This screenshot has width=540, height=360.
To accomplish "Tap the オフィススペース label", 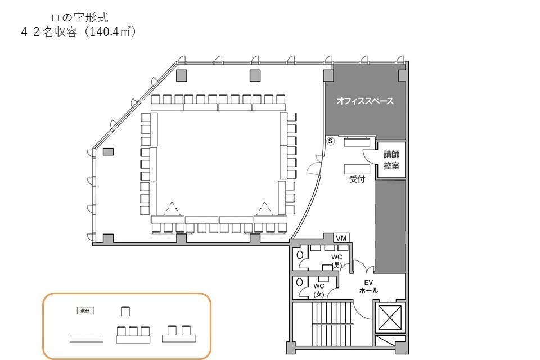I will point(364,102).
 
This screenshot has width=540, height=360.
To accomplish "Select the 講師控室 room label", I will point(391,160).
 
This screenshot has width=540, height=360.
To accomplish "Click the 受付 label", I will point(357,179).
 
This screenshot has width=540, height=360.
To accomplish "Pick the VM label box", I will point(341,238).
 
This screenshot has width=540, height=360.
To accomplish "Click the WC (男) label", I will point(337,260).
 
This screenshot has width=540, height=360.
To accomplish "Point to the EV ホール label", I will point(369,286).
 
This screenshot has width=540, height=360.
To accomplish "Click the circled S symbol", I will point(331,141).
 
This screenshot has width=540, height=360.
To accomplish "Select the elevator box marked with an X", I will point(389,318).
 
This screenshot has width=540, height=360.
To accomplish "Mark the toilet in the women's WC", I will point(300,282).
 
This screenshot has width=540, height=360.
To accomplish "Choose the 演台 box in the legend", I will point(84,310).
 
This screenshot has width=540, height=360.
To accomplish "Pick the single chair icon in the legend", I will point(125,310).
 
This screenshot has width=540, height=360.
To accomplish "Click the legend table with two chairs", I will point(179,334).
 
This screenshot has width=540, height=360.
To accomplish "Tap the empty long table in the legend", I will point(87,338).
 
